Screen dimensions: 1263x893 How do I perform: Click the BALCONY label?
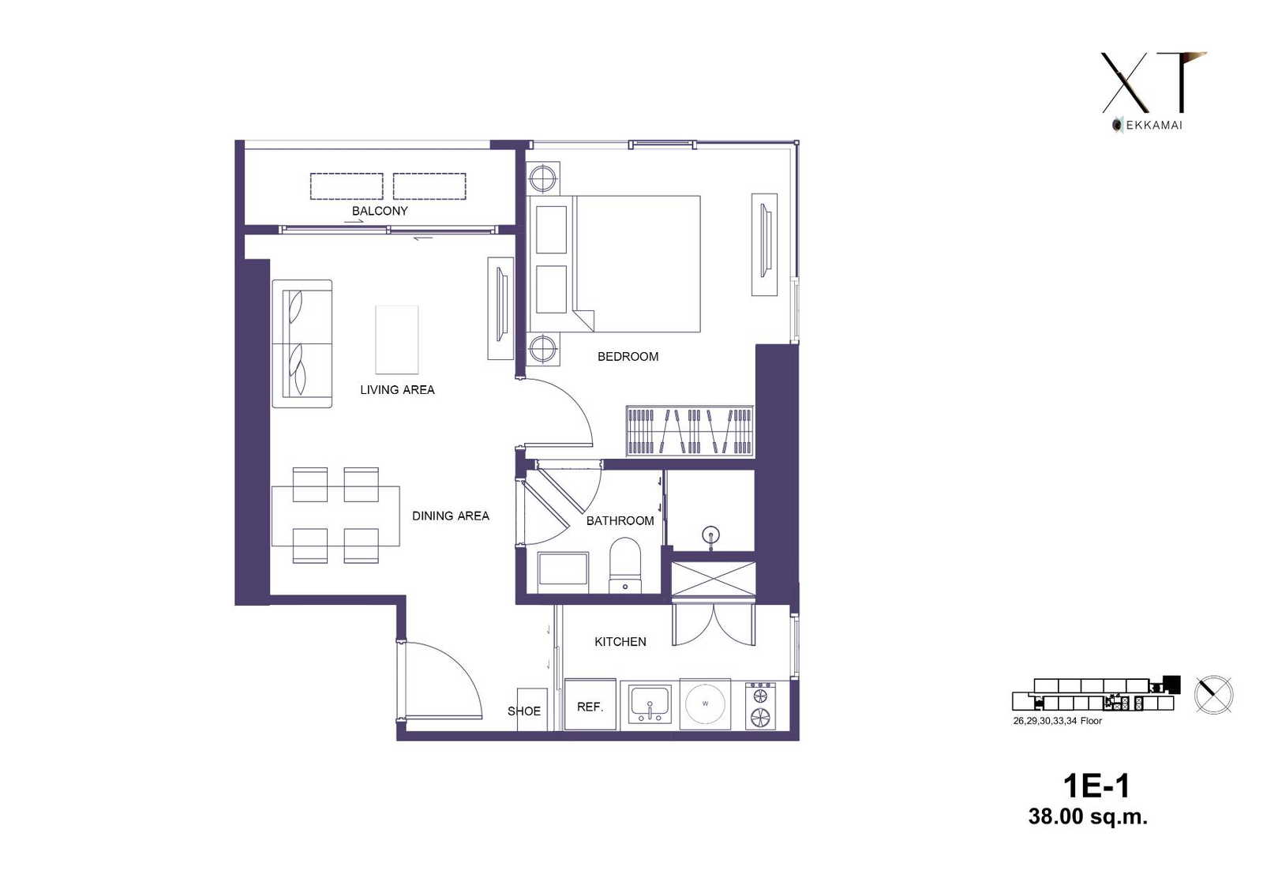tap(380, 211)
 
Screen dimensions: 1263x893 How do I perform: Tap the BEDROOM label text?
tap(628, 357)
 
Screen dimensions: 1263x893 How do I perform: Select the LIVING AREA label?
tap(397, 390)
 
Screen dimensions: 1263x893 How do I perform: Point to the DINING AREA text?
tap(451, 516)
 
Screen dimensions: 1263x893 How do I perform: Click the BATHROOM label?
tap(620, 520)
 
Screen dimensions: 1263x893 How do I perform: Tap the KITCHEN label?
tap(620, 641)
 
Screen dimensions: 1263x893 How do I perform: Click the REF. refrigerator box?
tap(590, 704)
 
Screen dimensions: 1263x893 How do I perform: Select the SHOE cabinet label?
tap(524, 711)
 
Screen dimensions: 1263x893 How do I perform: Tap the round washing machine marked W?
tap(705, 704)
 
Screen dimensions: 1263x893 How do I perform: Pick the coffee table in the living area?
tap(397, 340)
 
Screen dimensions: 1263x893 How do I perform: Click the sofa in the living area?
tap(302, 343)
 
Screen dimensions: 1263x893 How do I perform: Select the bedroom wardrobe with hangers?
tap(690, 431)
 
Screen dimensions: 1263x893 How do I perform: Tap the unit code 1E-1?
tap(1096, 786)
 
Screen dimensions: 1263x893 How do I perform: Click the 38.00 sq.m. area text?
tap(1088, 817)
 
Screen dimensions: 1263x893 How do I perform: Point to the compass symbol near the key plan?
tap(1213, 695)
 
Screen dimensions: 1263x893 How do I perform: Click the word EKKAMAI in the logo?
tap(1154, 126)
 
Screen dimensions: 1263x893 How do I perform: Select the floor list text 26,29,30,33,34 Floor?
tap(1057, 721)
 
